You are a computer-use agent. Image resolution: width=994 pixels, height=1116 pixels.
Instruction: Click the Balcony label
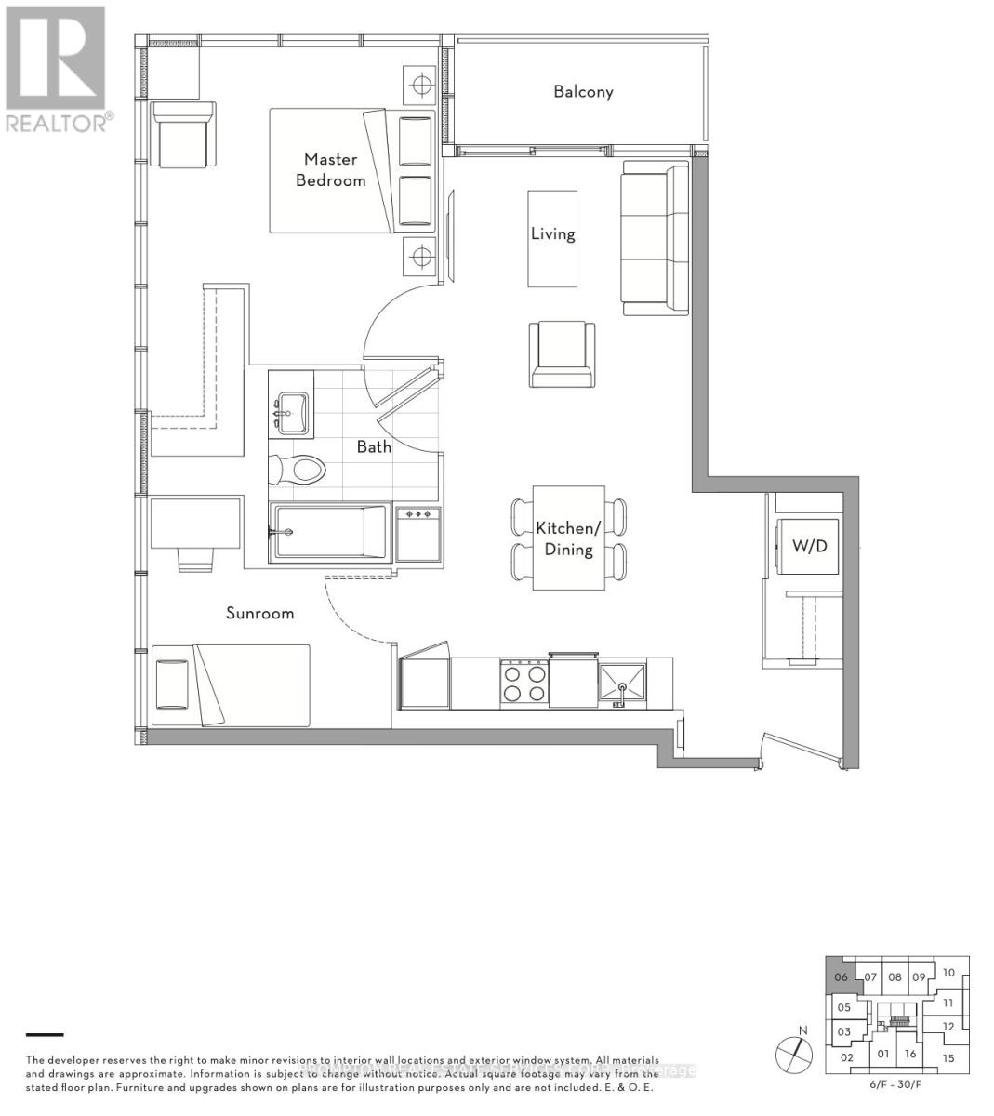click(x=583, y=91)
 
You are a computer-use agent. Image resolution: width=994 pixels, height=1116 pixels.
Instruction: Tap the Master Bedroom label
click(x=330, y=169)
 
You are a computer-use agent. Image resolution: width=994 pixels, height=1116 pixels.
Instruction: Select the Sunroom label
click(x=259, y=613)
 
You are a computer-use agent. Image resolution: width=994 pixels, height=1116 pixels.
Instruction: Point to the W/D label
click(x=808, y=545)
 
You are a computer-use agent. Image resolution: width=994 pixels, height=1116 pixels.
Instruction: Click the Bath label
click(x=374, y=446)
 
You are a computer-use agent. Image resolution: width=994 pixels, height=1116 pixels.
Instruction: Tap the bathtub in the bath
click(x=327, y=533)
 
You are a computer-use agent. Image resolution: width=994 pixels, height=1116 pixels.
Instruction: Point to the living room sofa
click(x=655, y=237)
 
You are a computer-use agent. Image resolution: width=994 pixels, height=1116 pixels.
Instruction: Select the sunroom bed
click(x=231, y=685)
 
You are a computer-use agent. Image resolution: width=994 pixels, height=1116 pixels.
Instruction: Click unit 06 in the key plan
click(x=841, y=976)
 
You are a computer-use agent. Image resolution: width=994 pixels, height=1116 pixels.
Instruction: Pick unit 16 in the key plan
click(x=909, y=1054)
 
